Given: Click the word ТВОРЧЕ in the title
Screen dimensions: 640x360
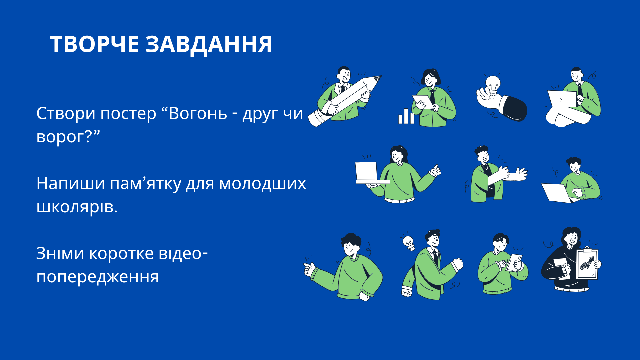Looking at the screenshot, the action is pos(94,44).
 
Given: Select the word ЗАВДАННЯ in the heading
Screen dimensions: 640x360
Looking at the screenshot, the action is pos(209,45).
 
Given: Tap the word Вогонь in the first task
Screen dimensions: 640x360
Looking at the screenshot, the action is pos(198,113).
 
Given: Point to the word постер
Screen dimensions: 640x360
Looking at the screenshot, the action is pos(128,113).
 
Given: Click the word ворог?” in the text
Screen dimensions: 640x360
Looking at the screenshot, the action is pos(68,136).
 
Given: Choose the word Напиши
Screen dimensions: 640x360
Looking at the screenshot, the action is pos(71,183).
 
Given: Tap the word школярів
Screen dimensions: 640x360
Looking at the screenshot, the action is pos(77,207).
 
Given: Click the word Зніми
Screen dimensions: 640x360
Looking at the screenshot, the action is pos(60,253).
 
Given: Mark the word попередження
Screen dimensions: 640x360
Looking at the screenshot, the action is pos(97,277).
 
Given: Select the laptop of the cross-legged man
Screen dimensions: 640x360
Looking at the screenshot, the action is pos(562,99).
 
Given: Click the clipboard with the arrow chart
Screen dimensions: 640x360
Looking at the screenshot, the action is pos(587,264).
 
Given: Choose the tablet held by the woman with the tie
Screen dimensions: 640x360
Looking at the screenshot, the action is pos(423,102).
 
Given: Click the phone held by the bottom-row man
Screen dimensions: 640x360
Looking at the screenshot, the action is pos(514,263).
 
